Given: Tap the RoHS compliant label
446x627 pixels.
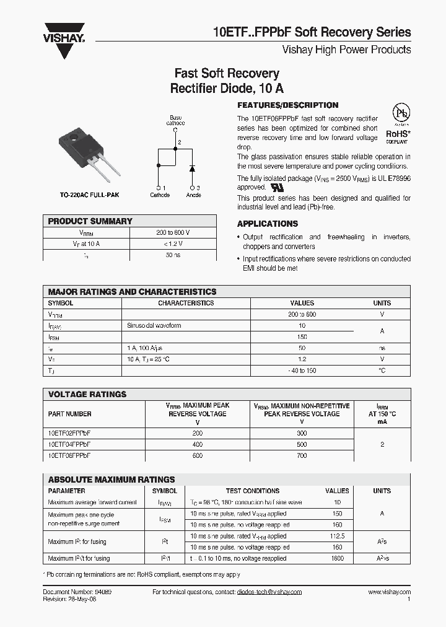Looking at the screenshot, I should click(x=399, y=135).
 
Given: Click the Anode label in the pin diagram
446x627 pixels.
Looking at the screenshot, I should click(x=193, y=195).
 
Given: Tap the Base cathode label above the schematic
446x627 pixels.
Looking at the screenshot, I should click(x=176, y=120).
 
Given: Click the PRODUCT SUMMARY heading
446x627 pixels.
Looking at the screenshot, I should click(x=90, y=221).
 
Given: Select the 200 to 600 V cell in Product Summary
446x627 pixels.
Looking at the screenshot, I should click(x=173, y=232).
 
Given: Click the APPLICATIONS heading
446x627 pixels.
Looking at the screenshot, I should click(x=268, y=224).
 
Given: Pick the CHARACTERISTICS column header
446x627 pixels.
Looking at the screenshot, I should click(x=186, y=303).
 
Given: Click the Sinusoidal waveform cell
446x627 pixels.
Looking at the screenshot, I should click(x=154, y=325).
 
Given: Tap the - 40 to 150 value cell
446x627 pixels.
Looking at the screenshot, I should click(x=302, y=370).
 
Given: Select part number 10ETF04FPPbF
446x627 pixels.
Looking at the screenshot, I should click(x=69, y=444).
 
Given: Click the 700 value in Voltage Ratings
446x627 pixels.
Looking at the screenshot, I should click(x=302, y=455).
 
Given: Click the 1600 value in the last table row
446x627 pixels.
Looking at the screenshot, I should click(x=338, y=558).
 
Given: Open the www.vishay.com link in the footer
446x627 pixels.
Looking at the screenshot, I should click(x=389, y=592).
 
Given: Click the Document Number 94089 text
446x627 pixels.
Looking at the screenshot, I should click(x=77, y=592).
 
